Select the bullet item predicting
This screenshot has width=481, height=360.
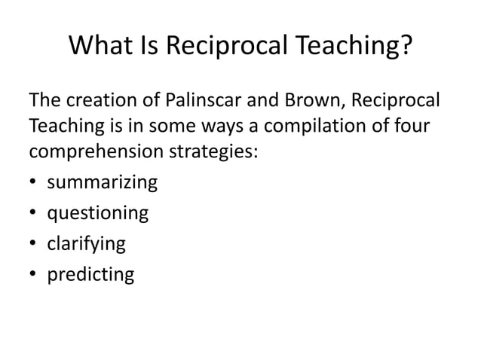[91, 275]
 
